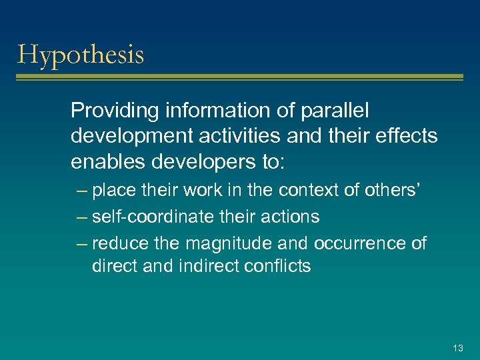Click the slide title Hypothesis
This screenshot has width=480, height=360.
point(81,55)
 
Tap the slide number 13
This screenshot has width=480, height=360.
point(457,347)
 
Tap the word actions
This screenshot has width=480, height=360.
point(291,217)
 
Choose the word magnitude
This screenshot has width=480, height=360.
point(226,243)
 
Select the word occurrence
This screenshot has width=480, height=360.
point(359,243)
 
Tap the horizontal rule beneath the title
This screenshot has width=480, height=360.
point(239,78)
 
